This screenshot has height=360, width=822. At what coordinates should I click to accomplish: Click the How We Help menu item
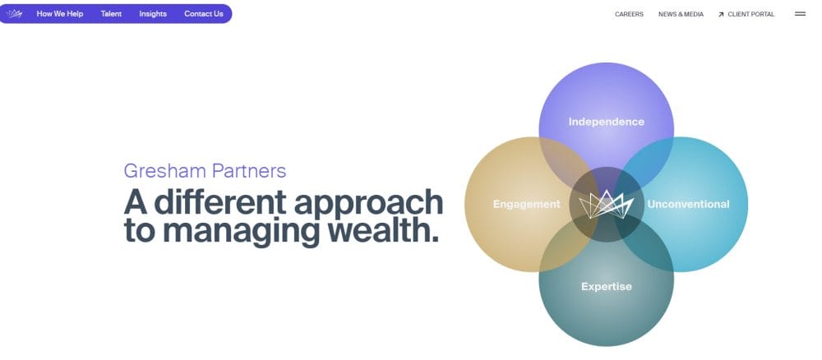click(x=60, y=14)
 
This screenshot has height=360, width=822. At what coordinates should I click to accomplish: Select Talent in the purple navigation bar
click(x=111, y=14)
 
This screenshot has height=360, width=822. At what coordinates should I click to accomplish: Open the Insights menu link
click(x=153, y=14)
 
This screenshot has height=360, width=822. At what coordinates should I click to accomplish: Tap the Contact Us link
click(x=203, y=14)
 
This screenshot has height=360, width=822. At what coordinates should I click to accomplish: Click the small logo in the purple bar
click(x=15, y=14)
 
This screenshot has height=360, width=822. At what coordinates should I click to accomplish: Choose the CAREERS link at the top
click(x=629, y=14)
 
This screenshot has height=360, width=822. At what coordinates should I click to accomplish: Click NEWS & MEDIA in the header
click(x=681, y=14)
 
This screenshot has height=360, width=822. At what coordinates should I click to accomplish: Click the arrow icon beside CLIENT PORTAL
click(x=721, y=15)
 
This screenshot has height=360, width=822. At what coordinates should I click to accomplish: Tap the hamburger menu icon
click(x=800, y=14)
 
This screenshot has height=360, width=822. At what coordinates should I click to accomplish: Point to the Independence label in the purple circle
click(x=607, y=122)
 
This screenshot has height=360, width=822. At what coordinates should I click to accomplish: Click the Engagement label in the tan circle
click(x=526, y=205)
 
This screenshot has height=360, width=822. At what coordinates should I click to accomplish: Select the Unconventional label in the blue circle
click(x=688, y=205)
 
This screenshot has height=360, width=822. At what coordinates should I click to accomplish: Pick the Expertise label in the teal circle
click(x=607, y=287)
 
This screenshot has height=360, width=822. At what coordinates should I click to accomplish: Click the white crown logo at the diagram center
click(x=606, y=205)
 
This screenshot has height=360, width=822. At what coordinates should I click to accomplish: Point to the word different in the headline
click(x=220, y=202)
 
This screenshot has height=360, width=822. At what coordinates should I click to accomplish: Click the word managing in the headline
click(x=241, y=231)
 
